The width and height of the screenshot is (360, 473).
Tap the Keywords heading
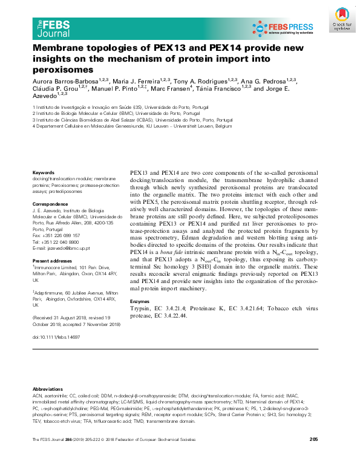point(44,173)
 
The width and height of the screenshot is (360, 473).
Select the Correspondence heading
point(50,204)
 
